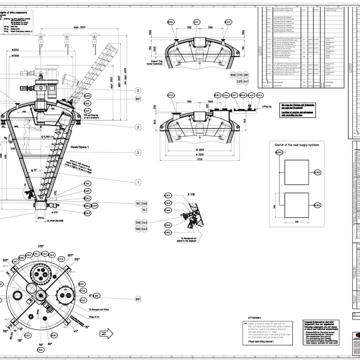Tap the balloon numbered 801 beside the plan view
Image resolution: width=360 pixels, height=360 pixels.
[x=138, y=299]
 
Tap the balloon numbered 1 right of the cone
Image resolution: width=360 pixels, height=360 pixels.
[x=138, y=172]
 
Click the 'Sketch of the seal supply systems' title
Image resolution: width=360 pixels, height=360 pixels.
[x=297, y=145]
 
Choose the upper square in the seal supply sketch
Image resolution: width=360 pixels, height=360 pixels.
[x=296, y=172]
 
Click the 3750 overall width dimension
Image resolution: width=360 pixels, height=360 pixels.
[x=199, y=159]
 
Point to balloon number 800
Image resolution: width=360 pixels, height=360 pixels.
[x=233, y=75]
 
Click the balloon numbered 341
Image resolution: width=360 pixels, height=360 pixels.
[x=144, y=210]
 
